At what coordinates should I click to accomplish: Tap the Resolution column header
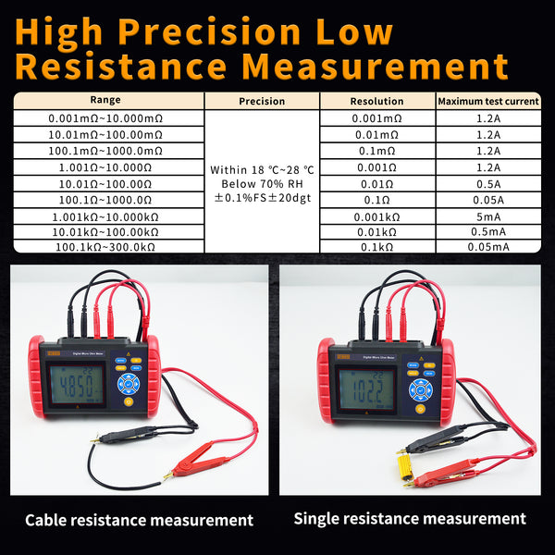[376, 101]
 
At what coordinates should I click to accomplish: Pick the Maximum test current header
[487, 101]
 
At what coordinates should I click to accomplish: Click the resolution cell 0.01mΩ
[376, 135]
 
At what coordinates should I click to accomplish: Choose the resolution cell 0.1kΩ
[376, 247]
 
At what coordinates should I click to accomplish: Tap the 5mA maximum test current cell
[487, 216]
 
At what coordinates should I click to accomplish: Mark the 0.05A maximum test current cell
[487, 199]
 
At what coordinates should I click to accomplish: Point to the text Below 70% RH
[262, 184]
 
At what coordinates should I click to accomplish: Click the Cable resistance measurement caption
[139, 520]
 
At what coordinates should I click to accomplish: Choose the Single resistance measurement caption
[410, 518]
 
